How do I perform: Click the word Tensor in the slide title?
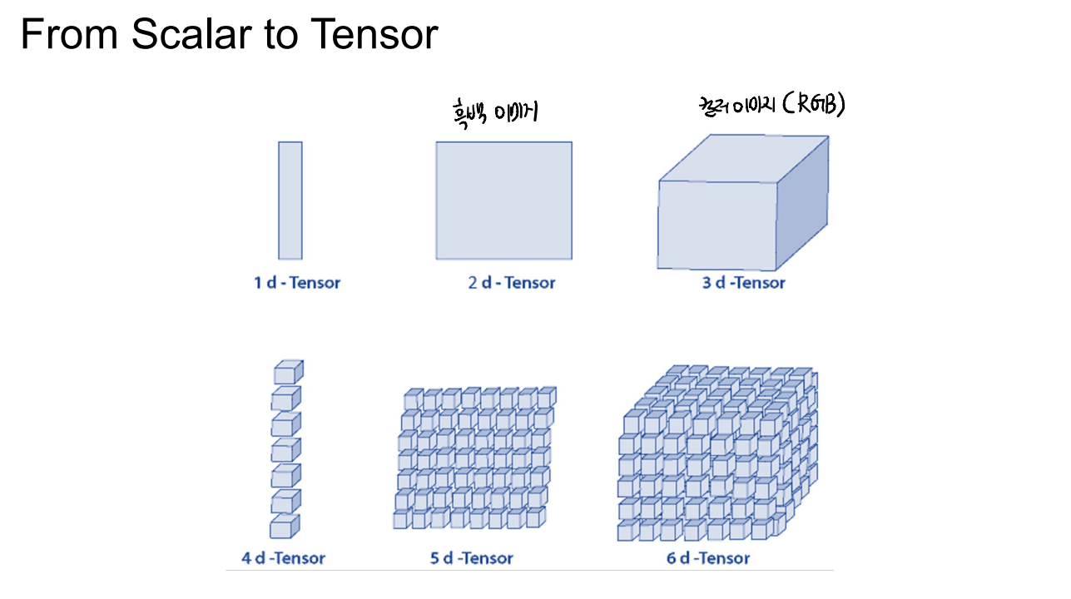(x=374, y=33)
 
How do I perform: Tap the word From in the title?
(x=69, y=33)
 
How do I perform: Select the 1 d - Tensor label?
(x=297, y=283)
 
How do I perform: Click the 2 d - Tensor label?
(x=512, y=283)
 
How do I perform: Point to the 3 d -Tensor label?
(x=743, y=283)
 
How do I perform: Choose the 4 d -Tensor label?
(x=284, y=558)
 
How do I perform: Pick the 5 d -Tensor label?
(x=472, y=558)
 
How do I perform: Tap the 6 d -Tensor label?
(x=708, y=558)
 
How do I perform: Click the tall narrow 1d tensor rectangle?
(x=290, y=200)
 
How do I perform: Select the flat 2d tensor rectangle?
(x=503, y=200)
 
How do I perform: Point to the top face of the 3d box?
(x=744, y=158)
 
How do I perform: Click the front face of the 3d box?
(x=716, y=225)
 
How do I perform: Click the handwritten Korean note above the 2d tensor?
(x=495, y=113)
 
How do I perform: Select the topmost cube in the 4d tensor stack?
(x=288, y=372)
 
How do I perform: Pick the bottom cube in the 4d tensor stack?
(x=285, y=527)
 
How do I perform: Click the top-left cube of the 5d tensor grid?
(x=414, y=399)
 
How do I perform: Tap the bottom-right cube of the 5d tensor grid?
(x=536, y=517)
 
